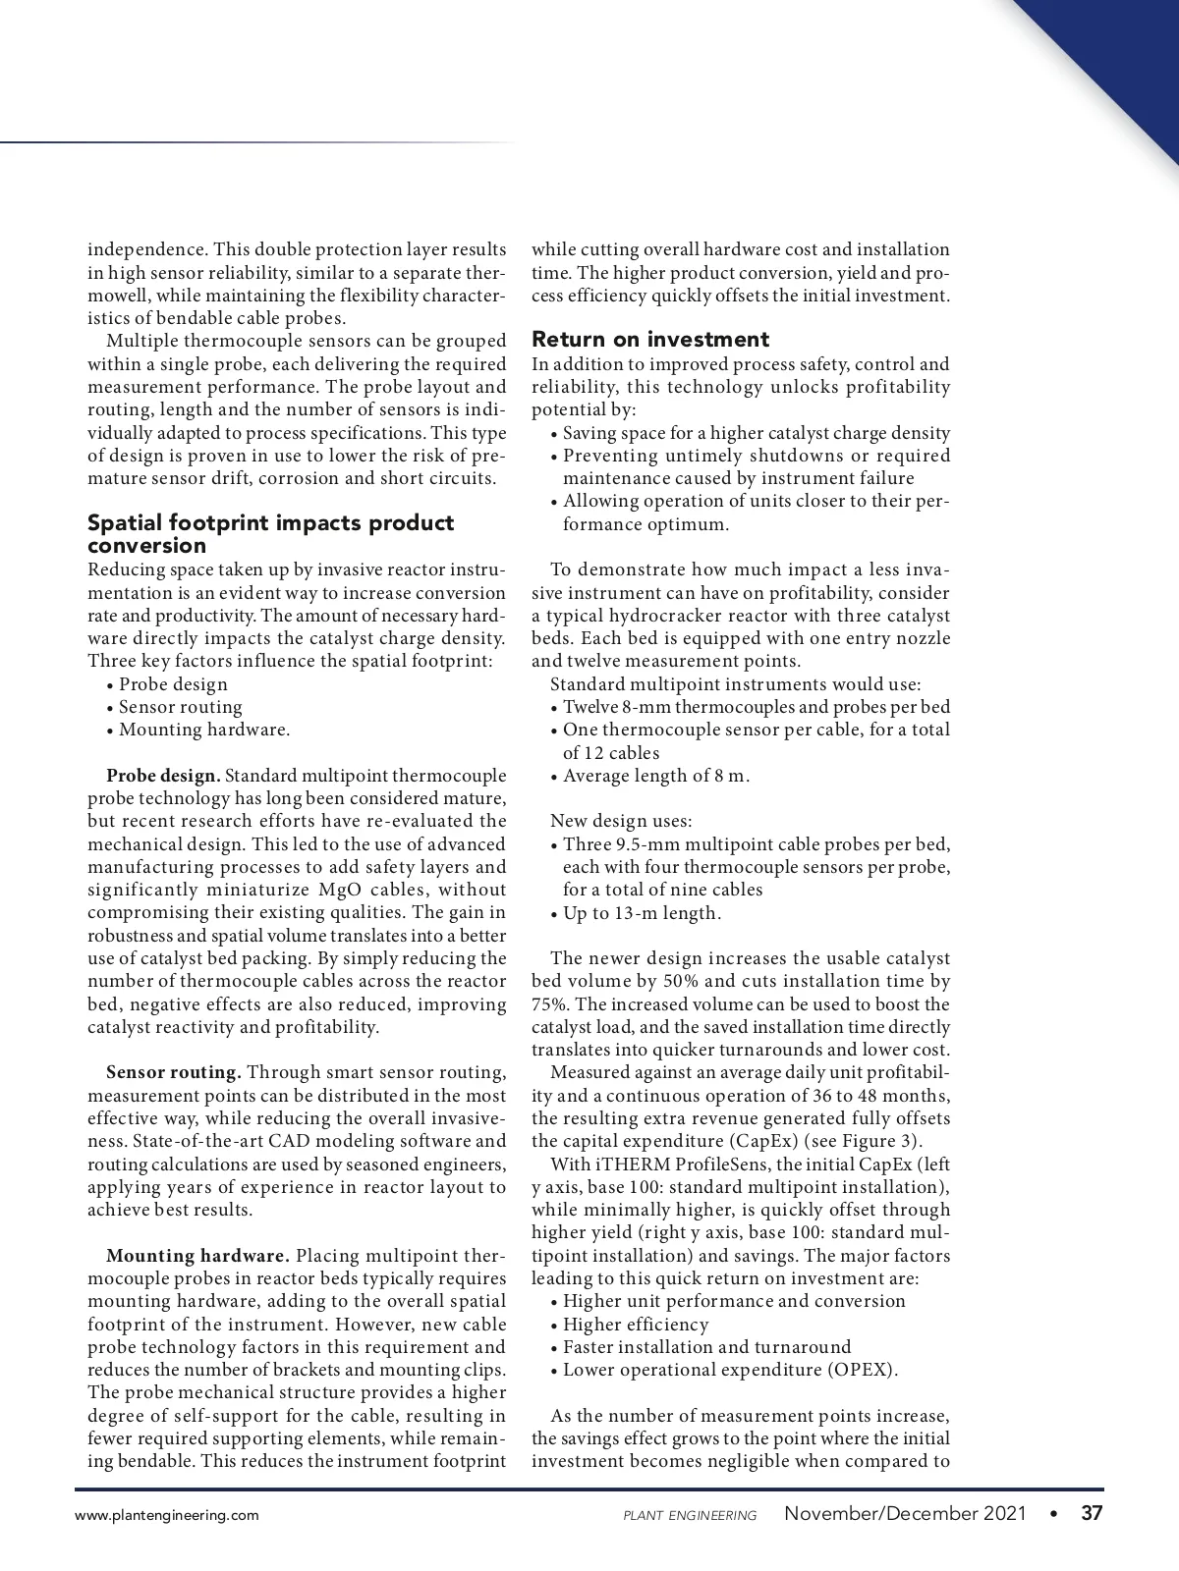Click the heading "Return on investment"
(649, 340)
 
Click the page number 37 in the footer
(1092, 1513)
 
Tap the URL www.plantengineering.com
(167, 1515)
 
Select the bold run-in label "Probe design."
(165, 776)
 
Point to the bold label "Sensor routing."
(173, 1072)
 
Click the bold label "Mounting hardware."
(197, 1256)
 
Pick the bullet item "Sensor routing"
(180, 707)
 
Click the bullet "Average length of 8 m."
(655, 776)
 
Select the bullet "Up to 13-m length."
(642, 913)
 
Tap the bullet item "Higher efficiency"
(635, 1325)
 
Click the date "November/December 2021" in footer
(905, 1513)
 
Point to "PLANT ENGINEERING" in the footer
(690, 1515)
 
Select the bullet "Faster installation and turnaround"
(706, 1347)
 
